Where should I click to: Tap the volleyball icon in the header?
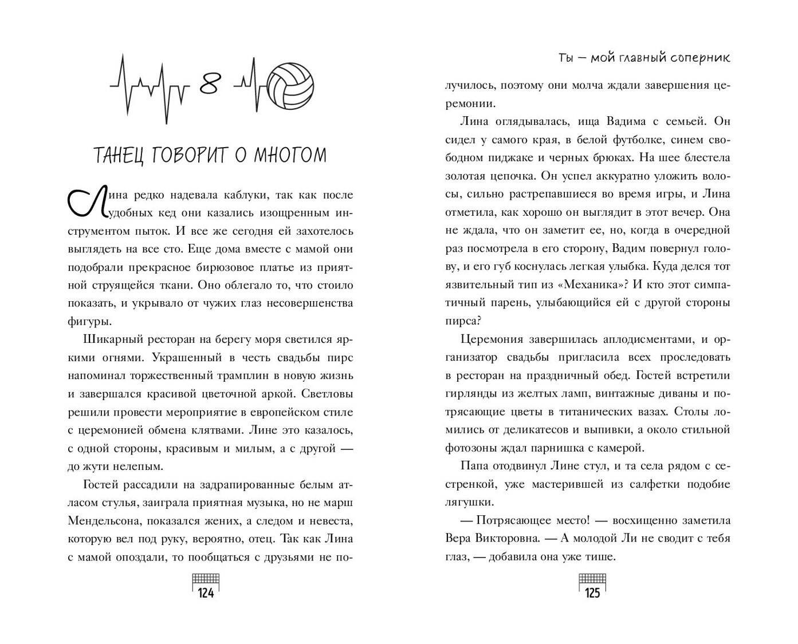pos(290,86)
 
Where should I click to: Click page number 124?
pos(206,593)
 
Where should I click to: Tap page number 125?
pos(592,593)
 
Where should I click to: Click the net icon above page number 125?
pos(592,577)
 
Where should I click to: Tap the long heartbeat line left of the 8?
pos(150,88)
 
